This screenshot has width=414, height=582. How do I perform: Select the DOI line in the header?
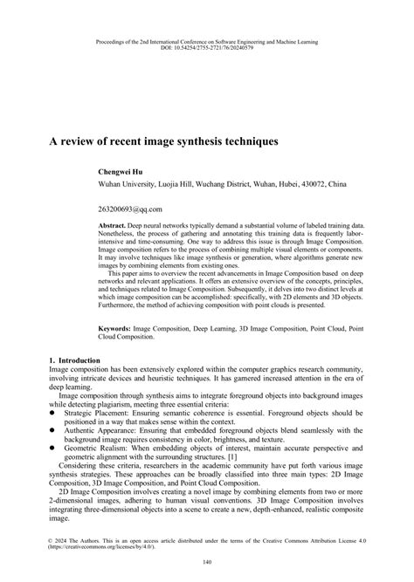pos(207,48)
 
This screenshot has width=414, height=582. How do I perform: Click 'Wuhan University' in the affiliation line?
pos(127,185)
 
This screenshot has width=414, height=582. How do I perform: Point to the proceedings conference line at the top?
pos(207,42)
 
